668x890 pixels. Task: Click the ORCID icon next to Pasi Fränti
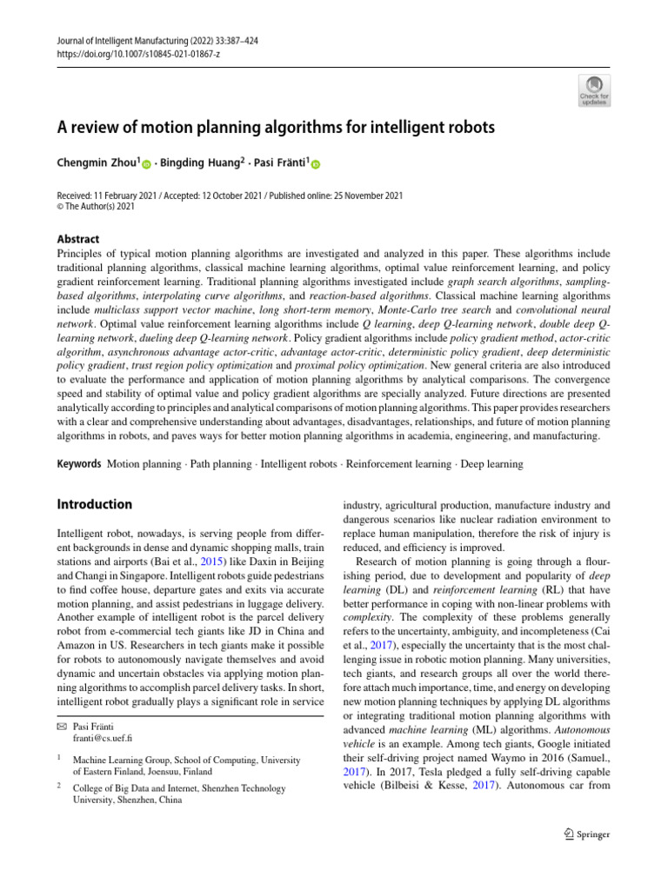click(315, 164)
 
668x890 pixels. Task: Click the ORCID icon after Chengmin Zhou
click(146, 164)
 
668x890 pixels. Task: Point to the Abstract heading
click(77, 239)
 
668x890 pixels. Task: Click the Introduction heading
click(94, 504)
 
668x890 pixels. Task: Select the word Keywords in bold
click(78, 464)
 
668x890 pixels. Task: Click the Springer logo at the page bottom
click(582, 834)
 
